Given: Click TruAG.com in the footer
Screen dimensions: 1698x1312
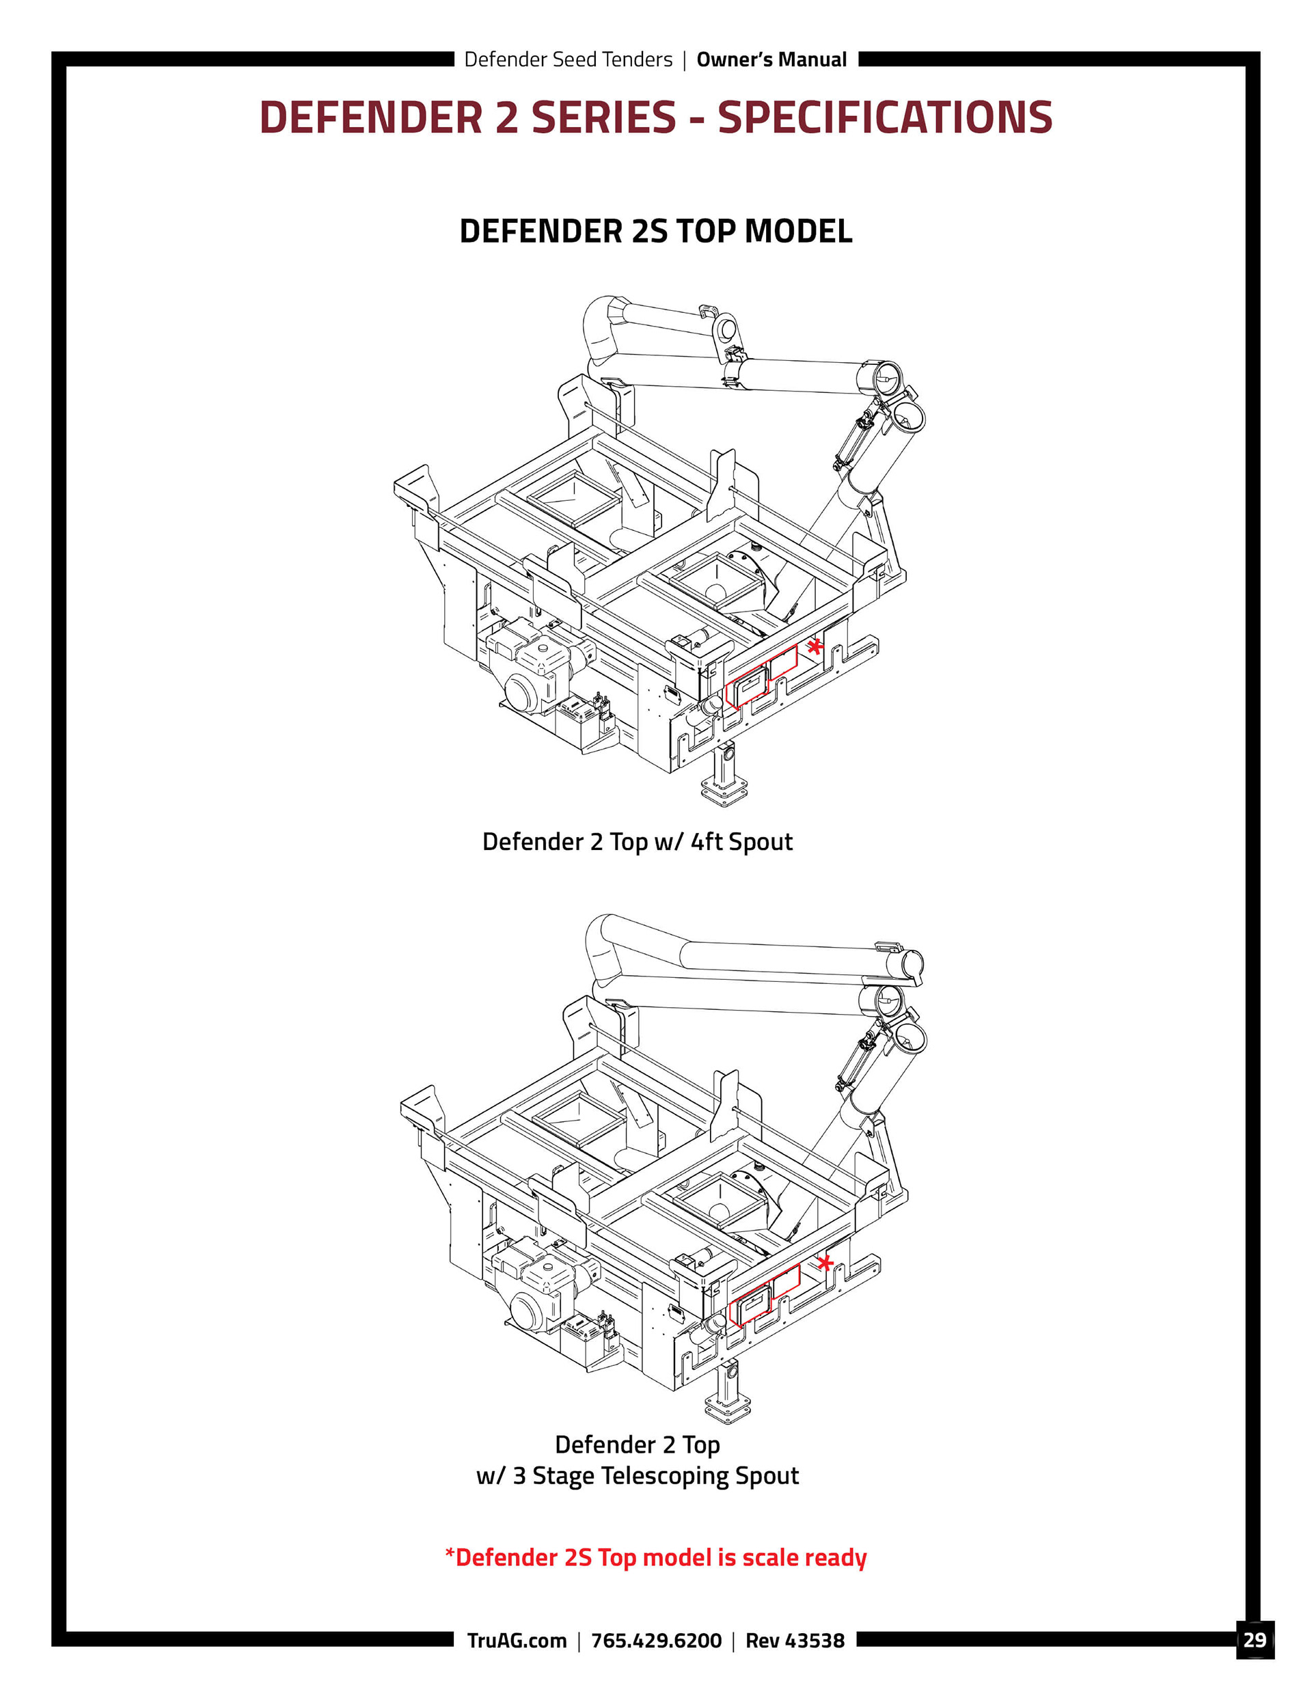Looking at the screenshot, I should pos(517,1641).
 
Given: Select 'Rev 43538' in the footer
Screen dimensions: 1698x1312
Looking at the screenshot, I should pos(794,1641).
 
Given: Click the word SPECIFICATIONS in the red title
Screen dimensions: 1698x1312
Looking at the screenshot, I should pos(884,118).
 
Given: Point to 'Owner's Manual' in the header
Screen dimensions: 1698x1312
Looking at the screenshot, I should pos(771,60).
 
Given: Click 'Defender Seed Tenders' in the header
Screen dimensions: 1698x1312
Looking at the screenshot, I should pos(568,60).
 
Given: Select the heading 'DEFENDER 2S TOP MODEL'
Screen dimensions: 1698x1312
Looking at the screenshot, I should pos(655,231).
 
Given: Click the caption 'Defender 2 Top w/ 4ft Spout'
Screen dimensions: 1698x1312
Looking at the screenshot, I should pos(637,841).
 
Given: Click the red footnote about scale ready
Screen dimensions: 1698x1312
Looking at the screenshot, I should pos(655,1557).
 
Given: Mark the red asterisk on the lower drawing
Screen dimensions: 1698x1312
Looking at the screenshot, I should pos(825,1263).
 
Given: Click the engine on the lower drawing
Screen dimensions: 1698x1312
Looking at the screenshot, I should pos(536,1287).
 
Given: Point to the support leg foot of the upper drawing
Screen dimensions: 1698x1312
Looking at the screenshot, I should pos(725,795).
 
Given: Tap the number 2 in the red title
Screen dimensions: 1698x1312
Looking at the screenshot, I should pos(506,118).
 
